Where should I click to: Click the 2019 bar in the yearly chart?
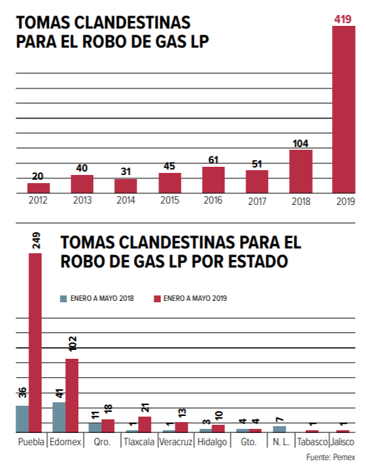pos(344,110)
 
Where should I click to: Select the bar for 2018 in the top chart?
pos(301,172)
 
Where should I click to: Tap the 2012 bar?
pos(38,188)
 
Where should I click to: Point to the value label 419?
pos(343,19)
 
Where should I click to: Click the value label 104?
pos(301,144)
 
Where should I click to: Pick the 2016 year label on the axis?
pos(213,200)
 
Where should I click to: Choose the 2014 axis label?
pos(126,200)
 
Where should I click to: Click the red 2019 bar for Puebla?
pos(35,343)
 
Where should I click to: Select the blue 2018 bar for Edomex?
pos(59,417)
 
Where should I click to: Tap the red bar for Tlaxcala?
pos(145,424)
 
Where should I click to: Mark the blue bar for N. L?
pos(280,429)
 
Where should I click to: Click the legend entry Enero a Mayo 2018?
pos(97,298)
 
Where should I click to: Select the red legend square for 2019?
pos(157,299)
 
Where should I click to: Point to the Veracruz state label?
pos(176,442)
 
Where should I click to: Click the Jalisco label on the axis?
pos(342,442)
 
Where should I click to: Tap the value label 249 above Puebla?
pos(36,241)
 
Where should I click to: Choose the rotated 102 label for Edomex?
pos(72,344)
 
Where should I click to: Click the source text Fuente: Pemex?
pos(331,457)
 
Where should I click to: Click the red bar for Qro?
pos(108,426)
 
